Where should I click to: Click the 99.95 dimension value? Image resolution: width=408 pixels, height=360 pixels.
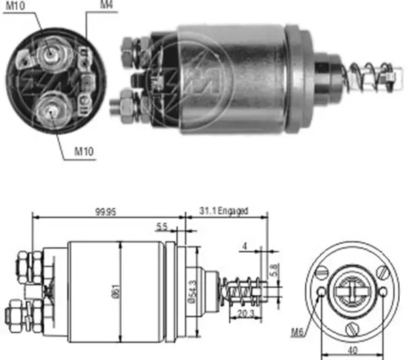coord(105,212)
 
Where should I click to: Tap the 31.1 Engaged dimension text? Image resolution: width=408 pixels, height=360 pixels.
coord(224,211)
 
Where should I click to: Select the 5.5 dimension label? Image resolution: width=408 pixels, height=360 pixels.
coord(162,227)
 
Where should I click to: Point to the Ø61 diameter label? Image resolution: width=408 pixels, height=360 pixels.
coord(116,291)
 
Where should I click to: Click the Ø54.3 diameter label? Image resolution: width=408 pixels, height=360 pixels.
coord(193,291)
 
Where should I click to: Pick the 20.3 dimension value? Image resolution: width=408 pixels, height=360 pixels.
coord(245,314)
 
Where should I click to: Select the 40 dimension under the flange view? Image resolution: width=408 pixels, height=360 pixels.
coord(352,350)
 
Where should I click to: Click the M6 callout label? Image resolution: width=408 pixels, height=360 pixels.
coord(297,332)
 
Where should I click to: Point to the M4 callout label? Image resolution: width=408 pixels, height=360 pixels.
coord(107,5)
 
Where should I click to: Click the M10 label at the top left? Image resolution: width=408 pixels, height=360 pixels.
coord(15,5)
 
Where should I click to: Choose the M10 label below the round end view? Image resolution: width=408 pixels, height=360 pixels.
coord(84,151)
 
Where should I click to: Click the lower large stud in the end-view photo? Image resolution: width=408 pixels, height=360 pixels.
coord(53,110)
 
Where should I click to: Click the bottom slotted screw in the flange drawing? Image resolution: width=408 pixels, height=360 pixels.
coord(352,329)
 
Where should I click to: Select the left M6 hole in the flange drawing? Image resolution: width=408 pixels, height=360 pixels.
coord(322,292)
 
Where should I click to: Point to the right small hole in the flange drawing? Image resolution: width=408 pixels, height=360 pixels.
coord(383,291)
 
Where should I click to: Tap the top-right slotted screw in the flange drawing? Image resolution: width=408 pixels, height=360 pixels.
coord(383,272)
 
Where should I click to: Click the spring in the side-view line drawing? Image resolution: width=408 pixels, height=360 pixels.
coord(242,291)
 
